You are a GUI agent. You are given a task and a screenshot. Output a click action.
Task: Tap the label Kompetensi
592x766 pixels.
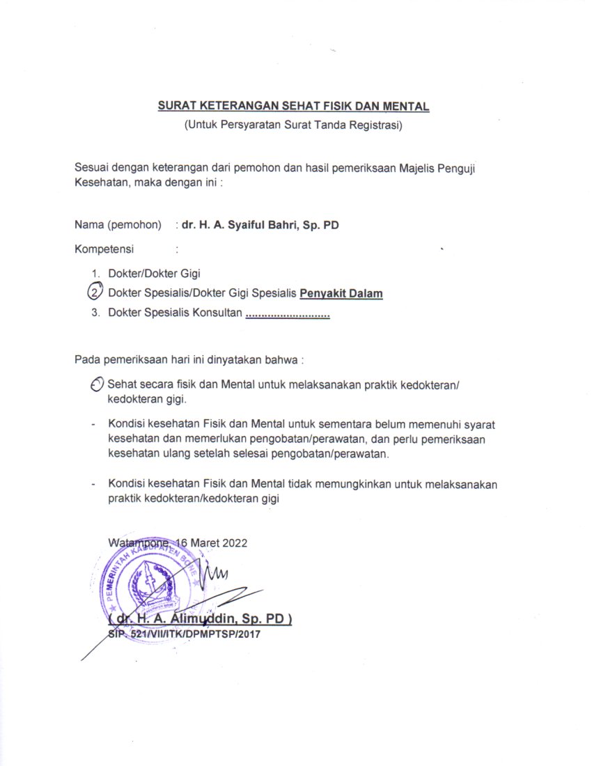pyautogui.click(x=104, y=248)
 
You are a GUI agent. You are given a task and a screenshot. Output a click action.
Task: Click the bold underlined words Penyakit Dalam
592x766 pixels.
pyautogui.click(x=341, y=294)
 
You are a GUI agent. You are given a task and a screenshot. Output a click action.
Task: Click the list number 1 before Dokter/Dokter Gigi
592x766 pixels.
pyautogui.click(x=95, y=274)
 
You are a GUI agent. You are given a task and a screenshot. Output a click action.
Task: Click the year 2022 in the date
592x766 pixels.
pyautogui.click(x=233, y=542)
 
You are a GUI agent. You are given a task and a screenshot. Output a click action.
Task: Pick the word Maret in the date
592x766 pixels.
pyautogui.click(x=203, y=542)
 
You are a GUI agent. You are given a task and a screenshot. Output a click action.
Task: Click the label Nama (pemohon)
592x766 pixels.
pyautogui.click(x=118, y=225)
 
